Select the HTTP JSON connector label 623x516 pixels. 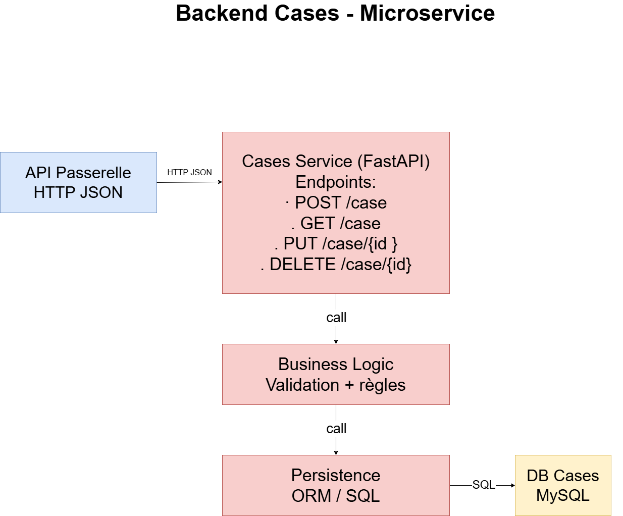point(189,173)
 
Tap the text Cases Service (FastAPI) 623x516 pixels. point(336,162)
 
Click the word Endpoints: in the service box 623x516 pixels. point(336,182)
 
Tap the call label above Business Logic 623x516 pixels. point(336,318)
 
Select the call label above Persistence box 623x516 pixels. point(336,429)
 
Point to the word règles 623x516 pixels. point(382,385)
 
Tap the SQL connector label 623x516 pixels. point(484,485)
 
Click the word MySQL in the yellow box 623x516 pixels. point(562,495)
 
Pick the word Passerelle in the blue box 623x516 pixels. point(93,173)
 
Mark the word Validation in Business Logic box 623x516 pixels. point(302,385)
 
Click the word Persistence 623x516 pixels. point(336,476)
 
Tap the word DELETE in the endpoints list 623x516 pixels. point(302,265)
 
